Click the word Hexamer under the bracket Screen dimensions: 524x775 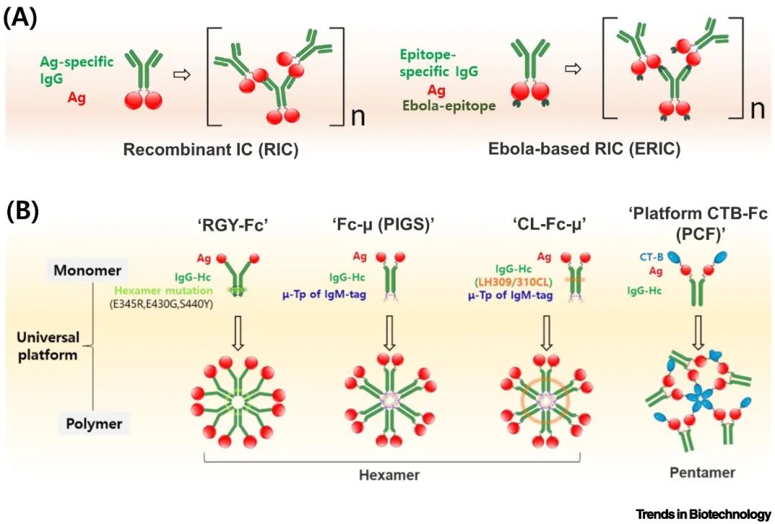click(389, 475)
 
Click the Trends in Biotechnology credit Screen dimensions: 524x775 click(703, 514)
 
